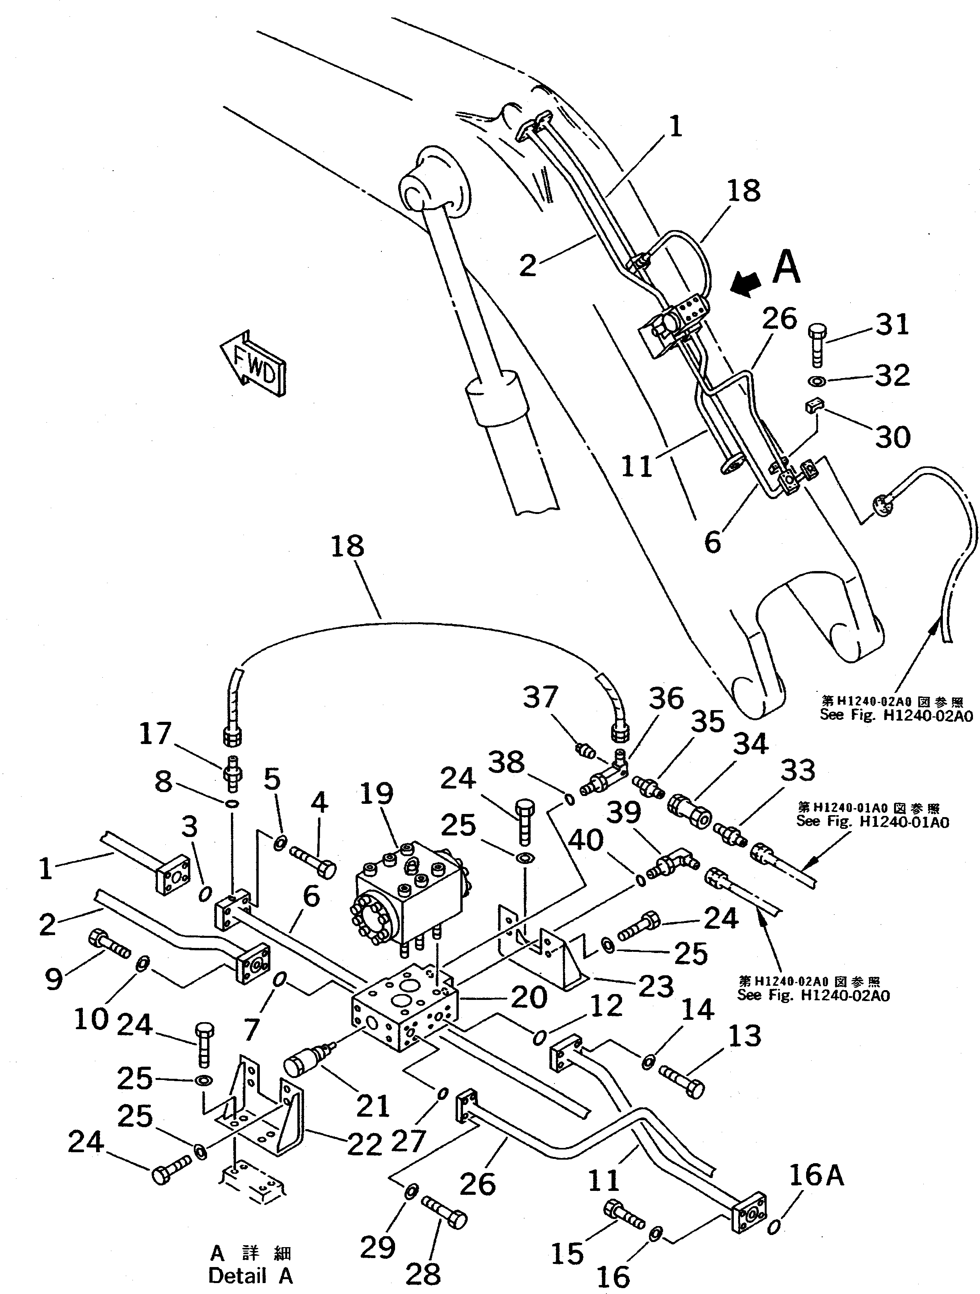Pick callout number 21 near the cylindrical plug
[373, 1105]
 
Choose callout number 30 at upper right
[892, 436]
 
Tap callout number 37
[540, 697]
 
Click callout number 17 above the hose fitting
[155, 734]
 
